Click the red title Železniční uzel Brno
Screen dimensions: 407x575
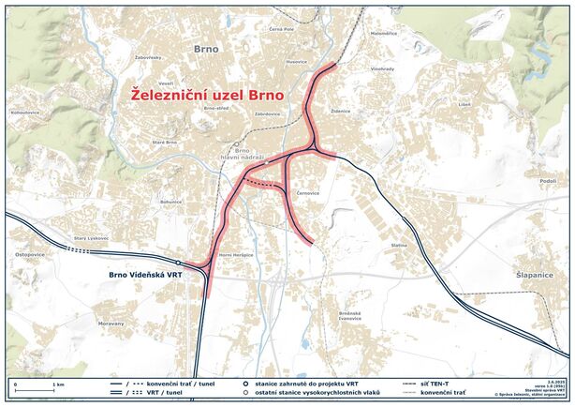(x=207, y=95)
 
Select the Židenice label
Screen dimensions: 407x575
(x=339, y=111)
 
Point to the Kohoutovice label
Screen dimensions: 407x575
(x=24, y=113)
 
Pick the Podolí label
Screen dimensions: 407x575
(x=549, y=180)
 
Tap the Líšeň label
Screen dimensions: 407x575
(x=464, y=105)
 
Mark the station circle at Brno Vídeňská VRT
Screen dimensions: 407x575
(x=177, y=263)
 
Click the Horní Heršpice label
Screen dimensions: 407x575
(x=236, y=255)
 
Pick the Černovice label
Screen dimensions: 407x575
(x=308, y=191)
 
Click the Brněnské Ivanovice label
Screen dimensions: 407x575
(x=350, y=315)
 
